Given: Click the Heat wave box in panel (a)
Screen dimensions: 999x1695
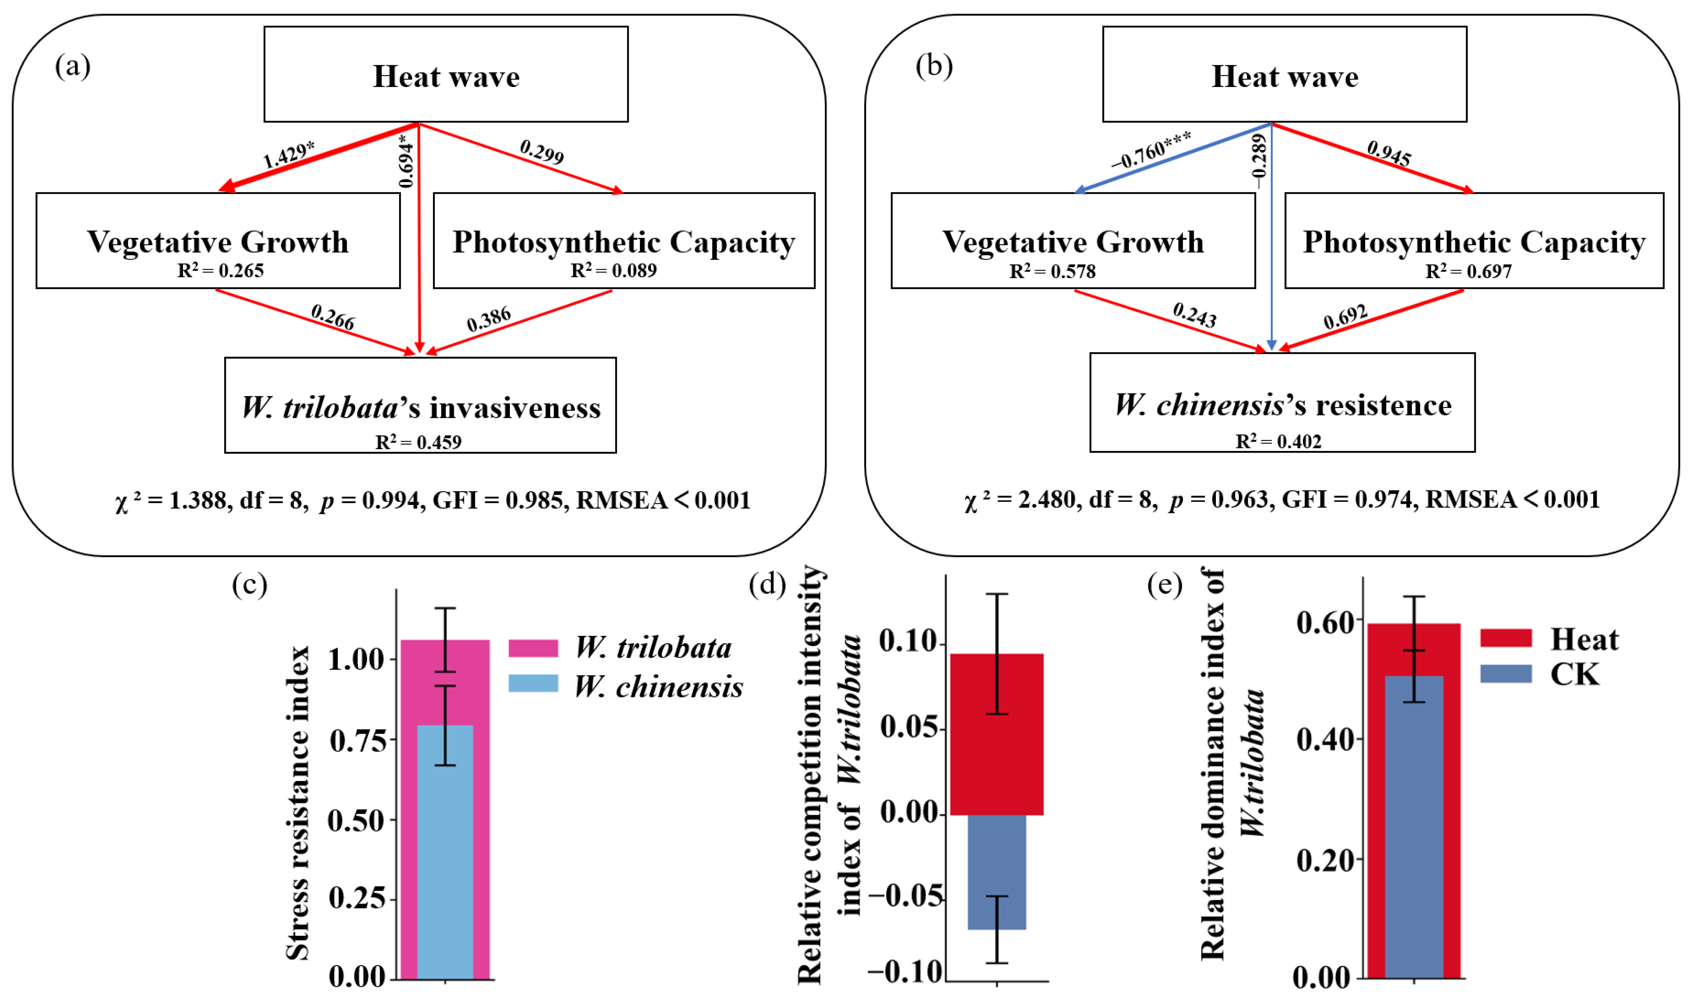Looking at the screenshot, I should coord(446,74).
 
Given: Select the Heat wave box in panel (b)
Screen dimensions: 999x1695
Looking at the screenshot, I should coord(1284,74).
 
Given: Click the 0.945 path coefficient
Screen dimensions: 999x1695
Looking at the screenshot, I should coord(1388,153).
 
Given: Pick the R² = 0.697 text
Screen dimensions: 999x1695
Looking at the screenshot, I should coord(1468,271).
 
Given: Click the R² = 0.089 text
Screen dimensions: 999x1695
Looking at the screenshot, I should coord(614,271).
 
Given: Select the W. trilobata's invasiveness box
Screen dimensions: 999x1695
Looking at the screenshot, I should coord(420,405).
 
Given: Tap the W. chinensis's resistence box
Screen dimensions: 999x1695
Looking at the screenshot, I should coord(1282,402).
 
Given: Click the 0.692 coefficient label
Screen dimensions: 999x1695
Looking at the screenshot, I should coord(1345,317).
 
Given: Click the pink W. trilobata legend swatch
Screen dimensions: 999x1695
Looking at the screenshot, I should coord(533,648).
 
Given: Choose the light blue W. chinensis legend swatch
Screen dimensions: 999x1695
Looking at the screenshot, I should coord(533,683).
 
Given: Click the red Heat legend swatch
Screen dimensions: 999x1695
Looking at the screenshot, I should coord(1506,638).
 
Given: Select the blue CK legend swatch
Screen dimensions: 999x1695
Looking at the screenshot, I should coord(1506,674).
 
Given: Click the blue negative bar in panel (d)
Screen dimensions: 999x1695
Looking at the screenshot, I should coord(997,872).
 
